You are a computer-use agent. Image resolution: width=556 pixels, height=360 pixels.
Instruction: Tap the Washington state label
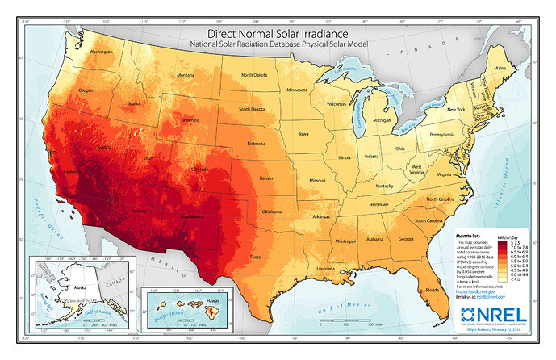click(x=102, y=52)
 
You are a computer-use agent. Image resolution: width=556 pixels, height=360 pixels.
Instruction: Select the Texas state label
click(x=255, y=257)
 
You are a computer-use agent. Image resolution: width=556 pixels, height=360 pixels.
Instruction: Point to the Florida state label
click(x=433, y=289)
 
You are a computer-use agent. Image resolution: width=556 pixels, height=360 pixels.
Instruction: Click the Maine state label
click(x=500, y=68)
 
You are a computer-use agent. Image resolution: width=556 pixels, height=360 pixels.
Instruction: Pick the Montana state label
click(x=186, y=75)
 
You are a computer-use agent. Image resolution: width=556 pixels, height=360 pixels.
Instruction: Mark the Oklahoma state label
click(x=271, y=211)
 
